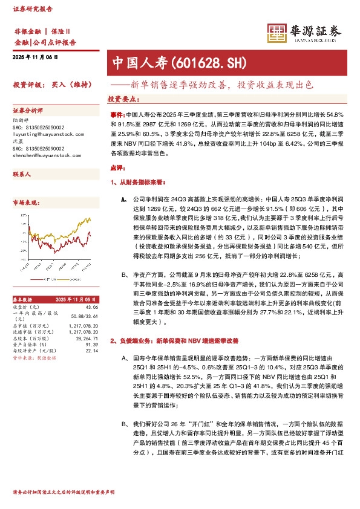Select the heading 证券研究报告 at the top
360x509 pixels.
[x=33, y=10]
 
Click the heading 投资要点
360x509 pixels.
[x=121, y=99]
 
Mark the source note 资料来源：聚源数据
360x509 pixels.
[x=34, y=358]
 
